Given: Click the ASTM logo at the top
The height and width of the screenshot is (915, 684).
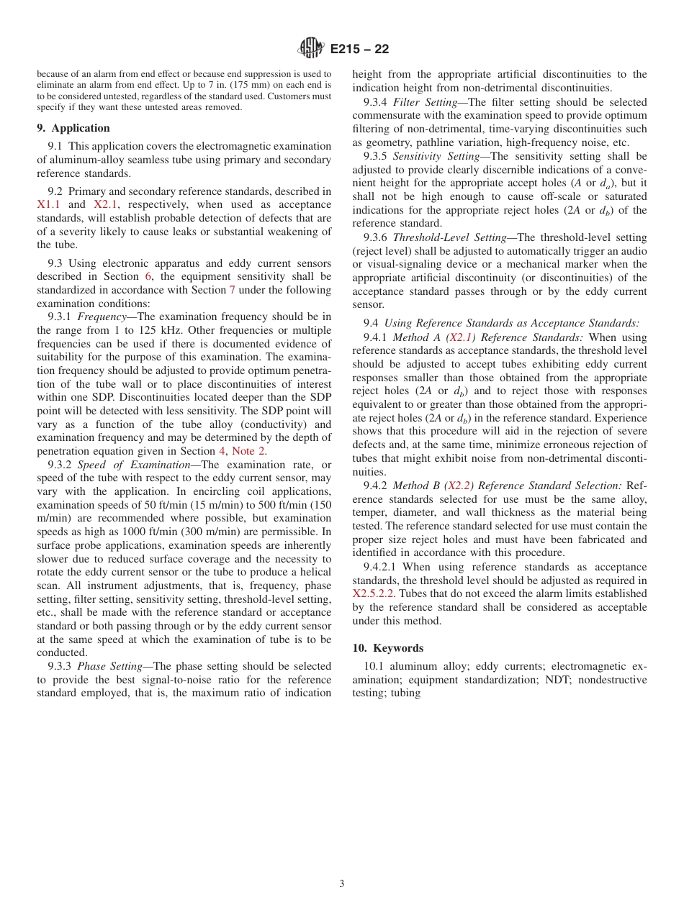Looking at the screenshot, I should pos(311,49).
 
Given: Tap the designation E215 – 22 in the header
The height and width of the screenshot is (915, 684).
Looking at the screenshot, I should pos(359,50).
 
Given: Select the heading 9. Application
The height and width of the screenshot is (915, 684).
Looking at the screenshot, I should pos(73,128).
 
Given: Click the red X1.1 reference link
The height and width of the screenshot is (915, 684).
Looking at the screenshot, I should pos(48,204).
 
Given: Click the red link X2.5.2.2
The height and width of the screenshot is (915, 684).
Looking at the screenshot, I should pos(373,594).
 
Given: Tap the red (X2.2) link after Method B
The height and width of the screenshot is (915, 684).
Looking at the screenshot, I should pos(457,486).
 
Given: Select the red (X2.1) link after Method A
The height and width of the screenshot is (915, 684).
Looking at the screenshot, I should pos(461,337).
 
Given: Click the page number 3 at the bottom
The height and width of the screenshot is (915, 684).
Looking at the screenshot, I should pos(342,884).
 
